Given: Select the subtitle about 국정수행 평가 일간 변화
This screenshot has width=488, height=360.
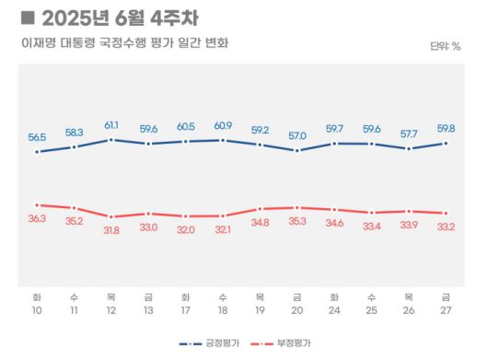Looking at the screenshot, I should [124, 43].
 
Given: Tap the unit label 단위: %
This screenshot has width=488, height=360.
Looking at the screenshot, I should [445, 45].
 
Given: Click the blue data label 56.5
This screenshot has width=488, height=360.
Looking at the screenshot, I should [36, 136].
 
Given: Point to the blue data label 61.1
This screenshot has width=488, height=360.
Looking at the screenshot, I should [110, 124].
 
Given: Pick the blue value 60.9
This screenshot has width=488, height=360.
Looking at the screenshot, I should [222, 125].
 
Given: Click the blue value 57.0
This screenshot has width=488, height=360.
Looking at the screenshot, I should [297, 135].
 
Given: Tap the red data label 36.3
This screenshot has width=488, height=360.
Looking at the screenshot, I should [36, 218].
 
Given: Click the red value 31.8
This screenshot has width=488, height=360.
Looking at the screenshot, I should [110, 229].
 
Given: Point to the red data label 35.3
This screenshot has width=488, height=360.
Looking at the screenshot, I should [297, 221].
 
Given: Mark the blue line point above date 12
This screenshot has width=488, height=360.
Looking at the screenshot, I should [110, 140].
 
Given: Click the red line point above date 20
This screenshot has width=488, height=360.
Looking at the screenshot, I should [297, 208].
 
